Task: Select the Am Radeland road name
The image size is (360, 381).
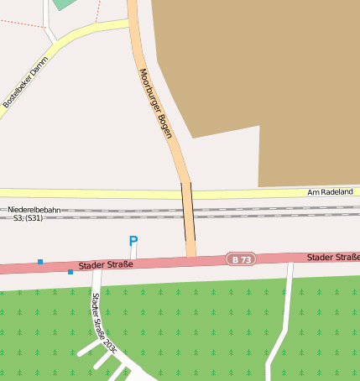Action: coord(330,192)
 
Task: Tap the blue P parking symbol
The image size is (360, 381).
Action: coord(133,242)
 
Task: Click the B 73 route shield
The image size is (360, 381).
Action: coord(239,259)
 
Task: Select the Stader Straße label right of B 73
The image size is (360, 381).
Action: coord(332,256)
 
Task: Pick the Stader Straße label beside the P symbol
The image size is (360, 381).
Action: coord(107,265)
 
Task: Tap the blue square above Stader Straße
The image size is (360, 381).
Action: coord(40,262)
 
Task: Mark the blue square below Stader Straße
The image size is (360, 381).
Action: coord(70,272)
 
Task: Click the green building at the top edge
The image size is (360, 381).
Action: coord(64,3)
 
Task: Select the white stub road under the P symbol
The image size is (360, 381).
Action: coord(133,253)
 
